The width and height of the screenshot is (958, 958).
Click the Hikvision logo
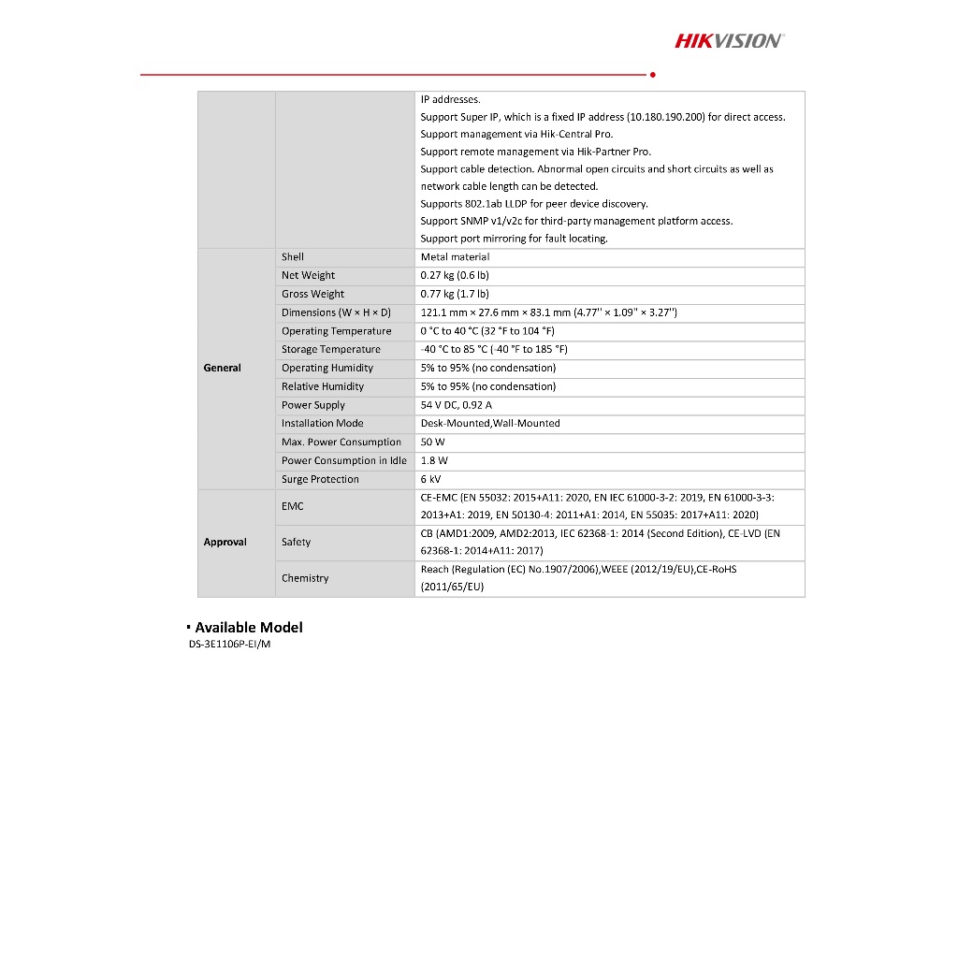pos(729,40)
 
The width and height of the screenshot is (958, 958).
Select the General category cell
pos(223,368)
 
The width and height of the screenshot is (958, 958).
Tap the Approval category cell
pos(225,543)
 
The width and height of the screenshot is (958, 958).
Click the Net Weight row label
pos(308,275)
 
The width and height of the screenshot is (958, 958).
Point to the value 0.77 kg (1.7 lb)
pos(455,294)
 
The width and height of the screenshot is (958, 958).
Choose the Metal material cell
pos(455,257)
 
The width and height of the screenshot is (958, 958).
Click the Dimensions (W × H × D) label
pos(336,312)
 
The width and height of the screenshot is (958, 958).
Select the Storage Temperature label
pos(330,349)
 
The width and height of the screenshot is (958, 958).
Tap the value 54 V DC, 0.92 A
pos(456,405)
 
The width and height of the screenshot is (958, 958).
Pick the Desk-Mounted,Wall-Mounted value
pos(490,423)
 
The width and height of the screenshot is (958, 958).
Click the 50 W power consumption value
pos(433,442)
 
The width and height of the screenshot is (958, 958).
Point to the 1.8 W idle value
pos(434,460)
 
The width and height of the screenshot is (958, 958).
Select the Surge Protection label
pos(320,479)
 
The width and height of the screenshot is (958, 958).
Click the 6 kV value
pos(430,479)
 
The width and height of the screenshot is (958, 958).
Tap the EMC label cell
pos(293,506)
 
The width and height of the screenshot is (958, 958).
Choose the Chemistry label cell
pos(305,578)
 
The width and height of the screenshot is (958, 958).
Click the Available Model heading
pos(248,628)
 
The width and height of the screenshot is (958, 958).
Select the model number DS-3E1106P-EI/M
pos(229,645)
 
